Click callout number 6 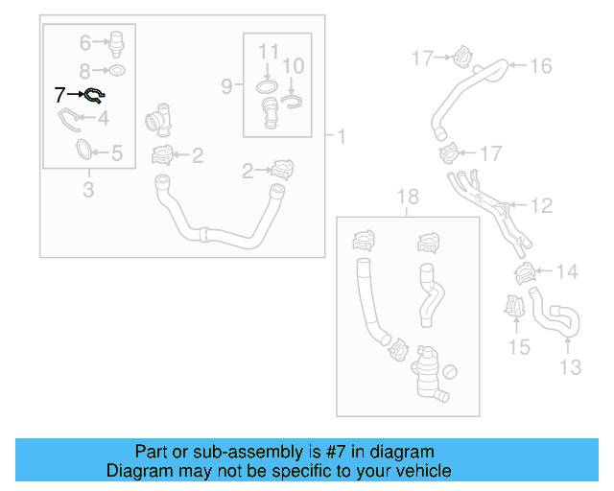click(x=83, y=42)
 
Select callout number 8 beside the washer click(x=83, y=70)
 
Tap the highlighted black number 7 click(x=61, y=94)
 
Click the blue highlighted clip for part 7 click(x=95, y=94)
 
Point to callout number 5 click(x=117, y=152)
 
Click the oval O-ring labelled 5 click(x=85, y=150)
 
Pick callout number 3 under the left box click(x=88, y=190)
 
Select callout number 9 click(x=226, y=86)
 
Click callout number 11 click(x=269, y=50)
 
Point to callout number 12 click(x=542, y=204)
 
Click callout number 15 click(x=519, y=347)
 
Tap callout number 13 click(x=570, y=367)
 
